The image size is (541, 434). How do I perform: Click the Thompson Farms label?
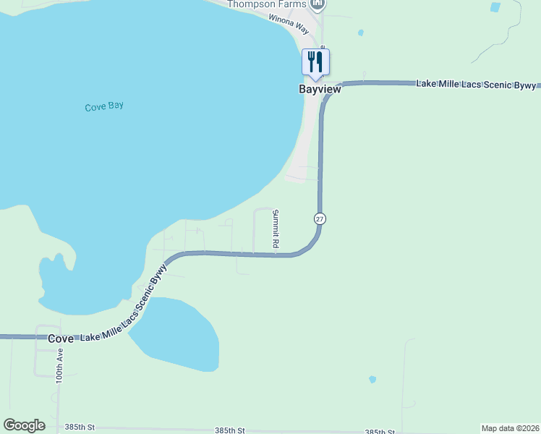click(x=268, y=4)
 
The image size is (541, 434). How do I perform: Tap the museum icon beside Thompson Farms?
click(x=317, y=4)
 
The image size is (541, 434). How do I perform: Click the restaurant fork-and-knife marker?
click(x=315, y=62)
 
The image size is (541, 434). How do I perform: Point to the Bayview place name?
click(x=320, y=90)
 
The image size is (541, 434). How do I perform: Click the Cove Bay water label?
click(x=104, y=106)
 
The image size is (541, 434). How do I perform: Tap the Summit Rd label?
click(x=276, y=229)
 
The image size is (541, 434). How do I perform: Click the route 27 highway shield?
click(x=320, y=218)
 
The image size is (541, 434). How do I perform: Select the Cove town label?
click(x=61, y=339)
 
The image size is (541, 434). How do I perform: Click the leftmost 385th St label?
click(x=80, y=427)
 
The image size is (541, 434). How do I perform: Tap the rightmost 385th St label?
click(x=380, y=432)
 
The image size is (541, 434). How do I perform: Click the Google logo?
click(x=24, y=425)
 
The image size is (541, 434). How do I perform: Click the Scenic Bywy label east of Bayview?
click(x=477, y=85)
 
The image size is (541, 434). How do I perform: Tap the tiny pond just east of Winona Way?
click(x=360, y=33)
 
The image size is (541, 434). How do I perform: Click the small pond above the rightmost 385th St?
click(x=372, y=379)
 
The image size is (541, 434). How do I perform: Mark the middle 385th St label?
click(x=230, y=430)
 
